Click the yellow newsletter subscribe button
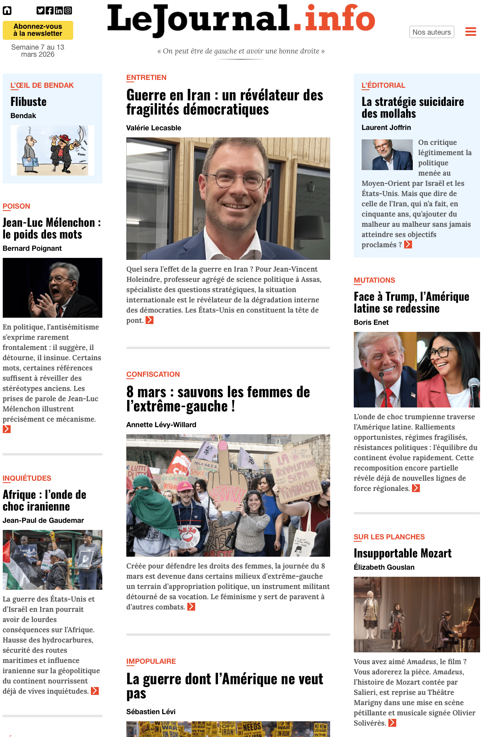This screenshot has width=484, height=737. [38, 30]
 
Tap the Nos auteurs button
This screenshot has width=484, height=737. [432, 32]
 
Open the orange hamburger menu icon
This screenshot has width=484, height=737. [471, 32]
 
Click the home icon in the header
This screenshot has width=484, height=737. [7, 11]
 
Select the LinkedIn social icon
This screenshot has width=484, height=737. [59, 11]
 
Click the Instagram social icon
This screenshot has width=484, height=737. [68, 11]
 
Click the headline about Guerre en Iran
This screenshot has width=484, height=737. [224, 102]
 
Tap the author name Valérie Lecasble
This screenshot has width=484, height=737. [153, 128]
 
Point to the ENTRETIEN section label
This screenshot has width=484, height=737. [146, 78]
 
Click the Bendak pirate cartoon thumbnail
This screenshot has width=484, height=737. [52, 150]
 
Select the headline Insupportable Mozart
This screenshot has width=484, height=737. [402, 553]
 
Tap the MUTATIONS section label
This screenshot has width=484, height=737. [374, 280]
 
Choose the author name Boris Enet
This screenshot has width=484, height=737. [371, 322]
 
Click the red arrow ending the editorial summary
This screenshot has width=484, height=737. [408, 245]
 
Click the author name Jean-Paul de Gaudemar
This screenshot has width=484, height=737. [43, 520]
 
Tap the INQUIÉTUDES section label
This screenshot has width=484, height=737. [27, 478]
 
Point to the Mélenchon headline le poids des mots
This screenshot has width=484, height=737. [51, 229]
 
